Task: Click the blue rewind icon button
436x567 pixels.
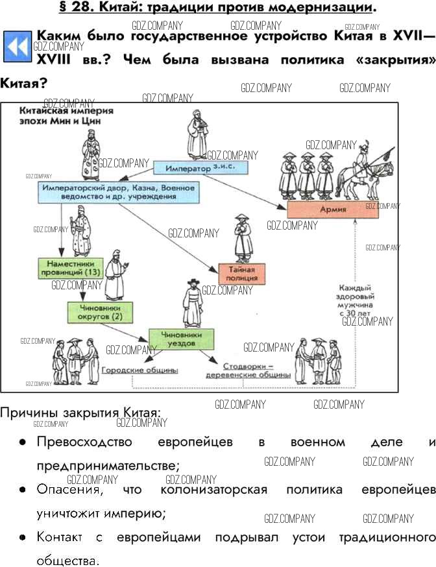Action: coord(17,47)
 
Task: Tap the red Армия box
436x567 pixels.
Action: coord(333,210)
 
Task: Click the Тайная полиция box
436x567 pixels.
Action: coord(243,273)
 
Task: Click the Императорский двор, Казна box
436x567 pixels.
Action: coord(117,191)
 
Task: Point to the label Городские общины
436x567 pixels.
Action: coord(139,370)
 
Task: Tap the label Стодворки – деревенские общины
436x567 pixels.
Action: coord(248,370)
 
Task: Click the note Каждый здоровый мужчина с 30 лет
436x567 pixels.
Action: coord(355,300)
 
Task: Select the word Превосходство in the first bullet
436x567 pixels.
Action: coord(84,442)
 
